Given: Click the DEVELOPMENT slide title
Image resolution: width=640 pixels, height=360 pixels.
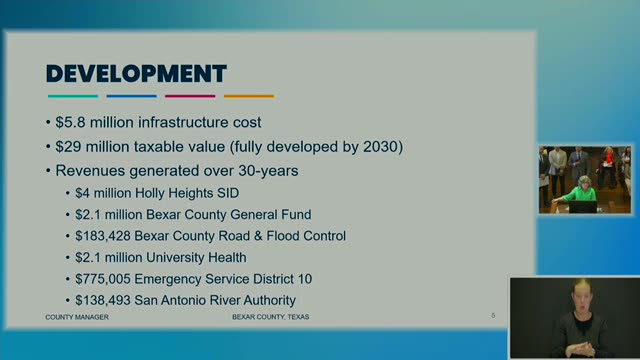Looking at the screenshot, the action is point(136,74).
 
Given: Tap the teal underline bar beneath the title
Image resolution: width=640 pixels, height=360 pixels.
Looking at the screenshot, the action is point(73,96).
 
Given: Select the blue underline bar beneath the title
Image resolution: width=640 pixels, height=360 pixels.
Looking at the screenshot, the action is point(131,96).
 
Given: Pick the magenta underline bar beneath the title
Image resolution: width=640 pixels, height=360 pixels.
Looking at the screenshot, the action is point(190,96).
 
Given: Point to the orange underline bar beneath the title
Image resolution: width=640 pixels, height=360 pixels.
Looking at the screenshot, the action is point(249,96).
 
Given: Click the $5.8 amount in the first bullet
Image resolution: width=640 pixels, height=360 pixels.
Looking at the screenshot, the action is point(71,122).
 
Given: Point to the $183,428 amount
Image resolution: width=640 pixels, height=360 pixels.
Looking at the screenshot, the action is point(103,236).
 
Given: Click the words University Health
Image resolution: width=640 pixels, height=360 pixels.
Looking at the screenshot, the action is point(196,258).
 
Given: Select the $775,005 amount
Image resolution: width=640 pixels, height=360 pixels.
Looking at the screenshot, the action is point(103,279).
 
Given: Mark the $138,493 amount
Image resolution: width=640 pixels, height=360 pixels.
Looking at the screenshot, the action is point(103,300).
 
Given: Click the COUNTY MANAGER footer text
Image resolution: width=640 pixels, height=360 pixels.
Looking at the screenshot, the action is point(77,317).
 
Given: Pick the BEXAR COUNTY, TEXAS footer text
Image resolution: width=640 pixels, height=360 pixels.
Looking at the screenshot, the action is point(271,317).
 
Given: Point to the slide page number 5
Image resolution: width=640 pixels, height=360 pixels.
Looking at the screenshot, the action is point(493,316).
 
